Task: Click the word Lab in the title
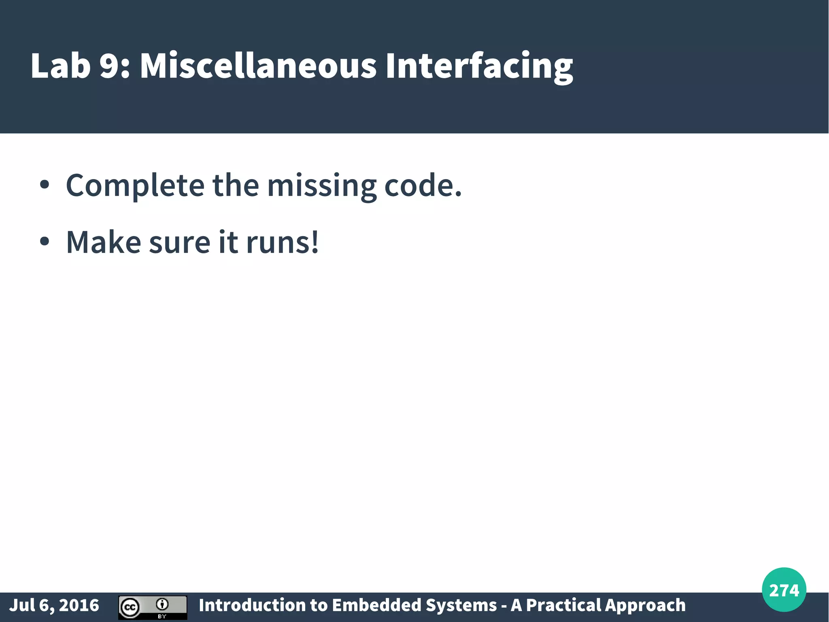point(60,66)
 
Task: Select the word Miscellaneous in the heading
point(258,66)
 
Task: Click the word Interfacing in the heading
point(479,66)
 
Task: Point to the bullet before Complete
point(45,186)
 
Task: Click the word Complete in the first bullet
point(135,186)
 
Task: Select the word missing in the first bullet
point(322,186)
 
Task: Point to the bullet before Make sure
point(45,242)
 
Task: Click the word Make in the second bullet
point(104,242)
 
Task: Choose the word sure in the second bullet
point(180,242)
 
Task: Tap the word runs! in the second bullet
point(282,242)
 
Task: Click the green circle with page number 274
point(784,590)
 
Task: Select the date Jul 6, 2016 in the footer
point(54,605)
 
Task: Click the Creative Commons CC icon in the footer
point(130,607)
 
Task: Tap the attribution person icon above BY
point(162,604)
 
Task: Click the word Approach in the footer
point(646,605)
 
